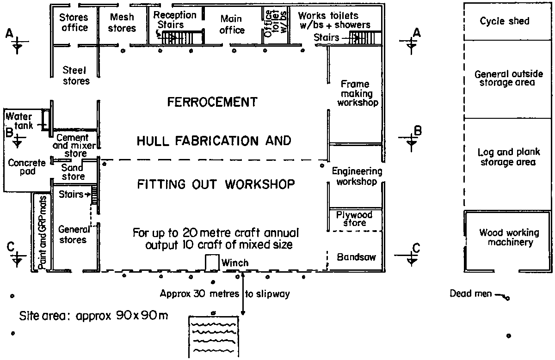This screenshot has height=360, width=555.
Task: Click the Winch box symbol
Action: click(x=212, y=262)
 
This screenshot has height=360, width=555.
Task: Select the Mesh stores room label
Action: click(x=122, y=23)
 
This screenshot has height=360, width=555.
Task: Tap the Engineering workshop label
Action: click(x=357, y=177)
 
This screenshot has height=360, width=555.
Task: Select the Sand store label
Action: click(x=73, y=172)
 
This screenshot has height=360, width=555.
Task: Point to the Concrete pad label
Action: click(x=27, y=167)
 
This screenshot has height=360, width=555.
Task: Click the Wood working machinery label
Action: click(x=509, y=238)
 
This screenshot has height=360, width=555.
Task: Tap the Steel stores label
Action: click(x=76, y=76)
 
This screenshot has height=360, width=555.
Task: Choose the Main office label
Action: click(x=232, y=25)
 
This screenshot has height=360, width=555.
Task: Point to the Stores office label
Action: click(x=74, y=23)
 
